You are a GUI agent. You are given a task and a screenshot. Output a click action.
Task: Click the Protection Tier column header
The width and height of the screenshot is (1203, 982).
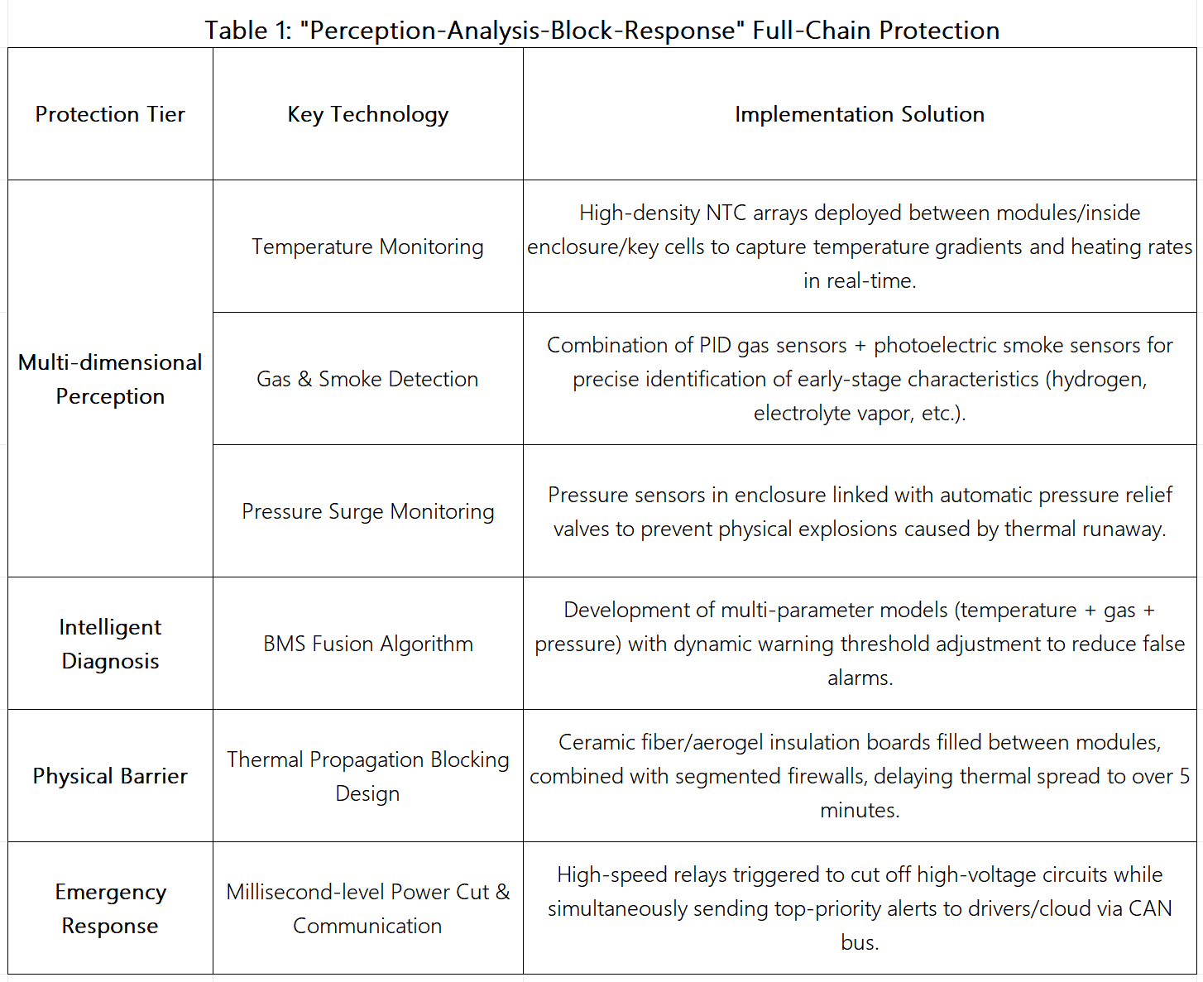pos(110,114)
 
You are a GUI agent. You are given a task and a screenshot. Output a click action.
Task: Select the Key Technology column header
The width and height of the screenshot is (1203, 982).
pos(367,114)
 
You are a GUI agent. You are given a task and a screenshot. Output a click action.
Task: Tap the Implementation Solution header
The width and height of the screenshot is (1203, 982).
pos(860,114)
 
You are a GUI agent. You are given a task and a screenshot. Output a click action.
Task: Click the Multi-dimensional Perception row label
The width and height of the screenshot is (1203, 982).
pos(110,379)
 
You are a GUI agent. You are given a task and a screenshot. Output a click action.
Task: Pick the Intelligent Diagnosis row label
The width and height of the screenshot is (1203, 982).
pos(110,644)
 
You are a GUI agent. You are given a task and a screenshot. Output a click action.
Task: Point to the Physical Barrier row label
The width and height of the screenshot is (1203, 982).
pos(110,776)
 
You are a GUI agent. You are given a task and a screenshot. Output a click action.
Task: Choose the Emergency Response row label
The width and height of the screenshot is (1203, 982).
pos(110,908)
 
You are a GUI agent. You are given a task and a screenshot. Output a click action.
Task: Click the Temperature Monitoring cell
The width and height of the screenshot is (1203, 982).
pos(367,247)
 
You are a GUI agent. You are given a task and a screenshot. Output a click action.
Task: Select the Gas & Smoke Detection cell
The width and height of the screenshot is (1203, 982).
pos(367,379)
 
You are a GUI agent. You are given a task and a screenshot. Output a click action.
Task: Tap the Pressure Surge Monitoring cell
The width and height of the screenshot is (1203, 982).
pos(367,511)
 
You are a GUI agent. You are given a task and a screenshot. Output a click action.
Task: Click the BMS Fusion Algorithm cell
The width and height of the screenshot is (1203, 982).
pos(367,644)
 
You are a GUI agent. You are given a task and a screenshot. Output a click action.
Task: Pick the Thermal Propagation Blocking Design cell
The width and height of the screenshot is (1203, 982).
pos(367,776)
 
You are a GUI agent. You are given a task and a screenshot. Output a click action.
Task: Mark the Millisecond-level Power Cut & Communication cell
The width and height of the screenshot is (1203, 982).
pos(367,908)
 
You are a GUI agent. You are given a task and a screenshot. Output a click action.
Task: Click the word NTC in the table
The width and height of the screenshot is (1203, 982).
pos(726,213)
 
